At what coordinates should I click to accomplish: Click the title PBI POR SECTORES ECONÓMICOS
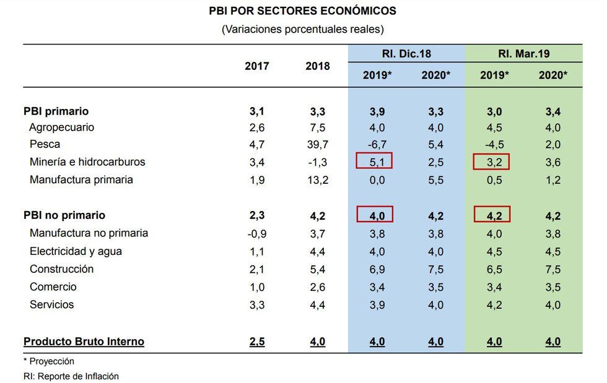(303, 11)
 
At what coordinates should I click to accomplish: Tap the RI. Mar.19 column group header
(523, 54)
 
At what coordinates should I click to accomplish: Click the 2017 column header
(257, 66)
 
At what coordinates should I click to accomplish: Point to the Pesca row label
(45, 144)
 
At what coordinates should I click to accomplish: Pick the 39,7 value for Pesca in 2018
(317, 144)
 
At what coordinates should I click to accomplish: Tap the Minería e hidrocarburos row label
(87, 162)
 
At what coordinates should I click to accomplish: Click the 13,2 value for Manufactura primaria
(317, 180)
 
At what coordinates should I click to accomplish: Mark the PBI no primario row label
(64, 215)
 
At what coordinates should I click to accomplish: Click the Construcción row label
(62, 269)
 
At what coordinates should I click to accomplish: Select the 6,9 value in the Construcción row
(376, 269)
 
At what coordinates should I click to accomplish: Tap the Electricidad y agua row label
(76, 251)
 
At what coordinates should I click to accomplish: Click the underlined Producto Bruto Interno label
(84, 342)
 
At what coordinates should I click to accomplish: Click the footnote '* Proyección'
(49, 361)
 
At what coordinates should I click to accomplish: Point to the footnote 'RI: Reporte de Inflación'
(71, 376)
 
